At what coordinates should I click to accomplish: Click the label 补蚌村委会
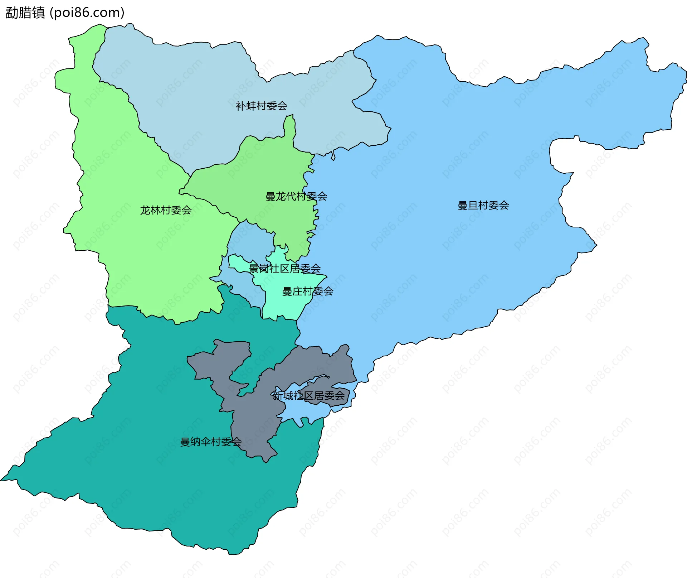click(261, 106)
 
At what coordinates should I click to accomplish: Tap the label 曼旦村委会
click(483, 206)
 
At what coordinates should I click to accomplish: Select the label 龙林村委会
click(166, 210)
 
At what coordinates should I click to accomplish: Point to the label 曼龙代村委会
click(296, 197)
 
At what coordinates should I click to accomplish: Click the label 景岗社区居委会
click(285, 269)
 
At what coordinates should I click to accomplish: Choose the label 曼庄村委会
click(308, 292)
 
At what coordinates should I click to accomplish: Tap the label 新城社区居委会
click(308, 396)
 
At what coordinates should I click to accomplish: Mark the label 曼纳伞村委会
click(211, 442)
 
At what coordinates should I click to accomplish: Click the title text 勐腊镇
click(25, 13)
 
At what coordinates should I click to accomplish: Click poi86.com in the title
click(87, 13)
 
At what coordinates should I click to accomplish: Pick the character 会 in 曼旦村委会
click(504, 206)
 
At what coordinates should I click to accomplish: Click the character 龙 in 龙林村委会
click(145, 210)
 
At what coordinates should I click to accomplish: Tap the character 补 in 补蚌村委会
click(240, 106)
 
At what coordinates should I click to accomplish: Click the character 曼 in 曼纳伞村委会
click(185, 442)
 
